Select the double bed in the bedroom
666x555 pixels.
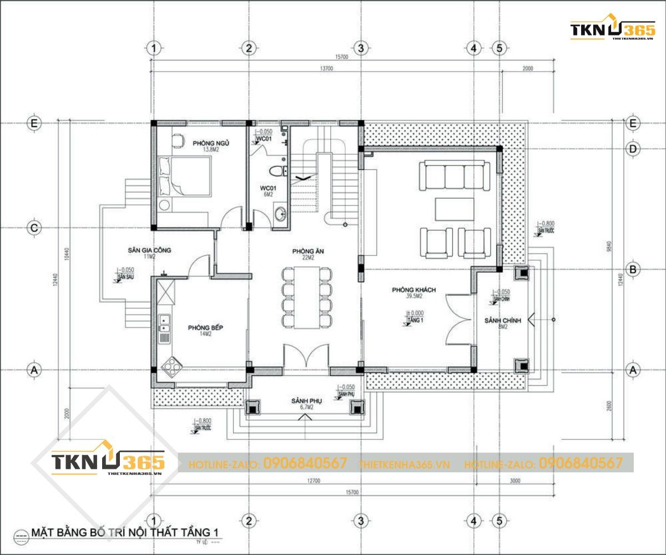point(184,175)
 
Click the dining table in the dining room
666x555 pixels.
point(307,297)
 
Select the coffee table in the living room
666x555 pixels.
point(455,209)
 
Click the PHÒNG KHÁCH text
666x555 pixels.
point(413,290)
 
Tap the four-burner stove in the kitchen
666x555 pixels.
point(173,366)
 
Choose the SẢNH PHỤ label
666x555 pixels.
point(307,401)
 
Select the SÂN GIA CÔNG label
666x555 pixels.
point(149,250)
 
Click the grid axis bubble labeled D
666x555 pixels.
point(632,148)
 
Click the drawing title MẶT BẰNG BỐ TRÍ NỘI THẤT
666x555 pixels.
point(124,533)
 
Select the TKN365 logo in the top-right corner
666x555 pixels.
point(612,30)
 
